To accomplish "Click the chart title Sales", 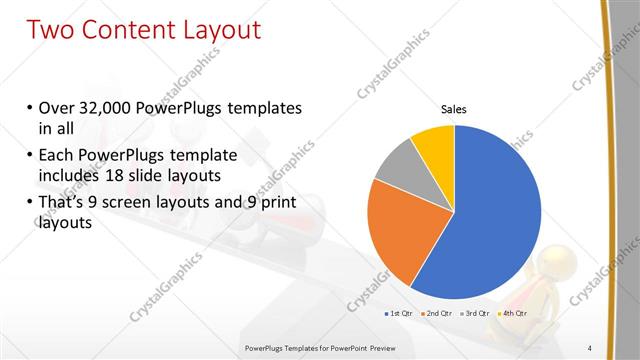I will click(454, 110).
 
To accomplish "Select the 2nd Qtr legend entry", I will click(436, 313).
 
